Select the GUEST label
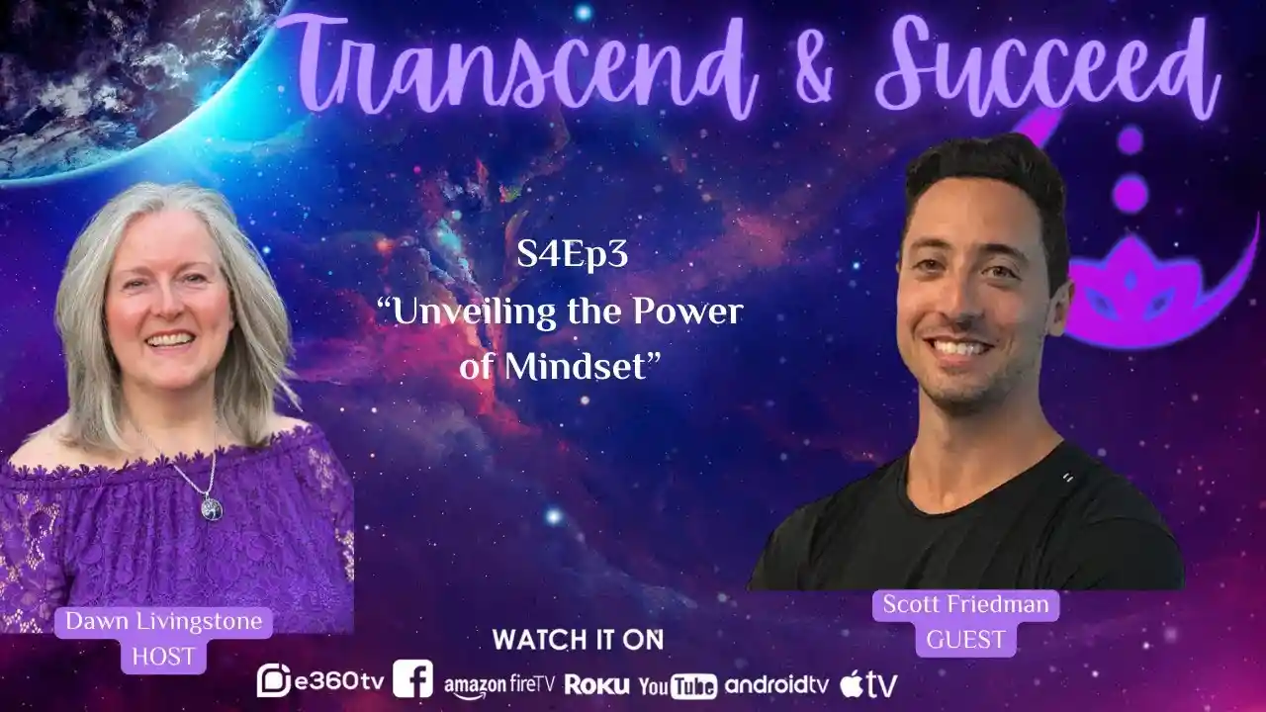point(965,638)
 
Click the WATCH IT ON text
point(578,640)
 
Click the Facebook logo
point(412,679)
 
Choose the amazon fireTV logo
point(499,683)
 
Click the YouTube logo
point(678,685)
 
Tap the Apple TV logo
point(868,682)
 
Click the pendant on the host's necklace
point(211,509)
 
